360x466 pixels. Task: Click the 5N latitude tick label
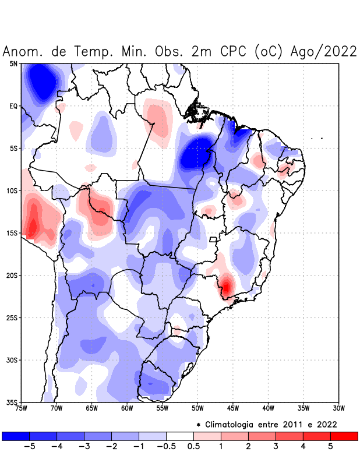[13, 63]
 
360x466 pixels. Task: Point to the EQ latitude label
[13, 106]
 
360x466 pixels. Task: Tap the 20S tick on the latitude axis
[12, 275]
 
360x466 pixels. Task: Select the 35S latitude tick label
[12, 402]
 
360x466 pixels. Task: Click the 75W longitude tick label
[21, 408]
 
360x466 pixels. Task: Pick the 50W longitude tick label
[197, 408]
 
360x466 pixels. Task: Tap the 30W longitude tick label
[339, 408]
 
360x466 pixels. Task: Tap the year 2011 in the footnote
[291, 424]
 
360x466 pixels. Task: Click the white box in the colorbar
[179, 436]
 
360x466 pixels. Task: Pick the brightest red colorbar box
[344, 436]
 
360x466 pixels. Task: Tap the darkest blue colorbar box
[16, 436]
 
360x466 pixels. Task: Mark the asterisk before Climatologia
[198, 425]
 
